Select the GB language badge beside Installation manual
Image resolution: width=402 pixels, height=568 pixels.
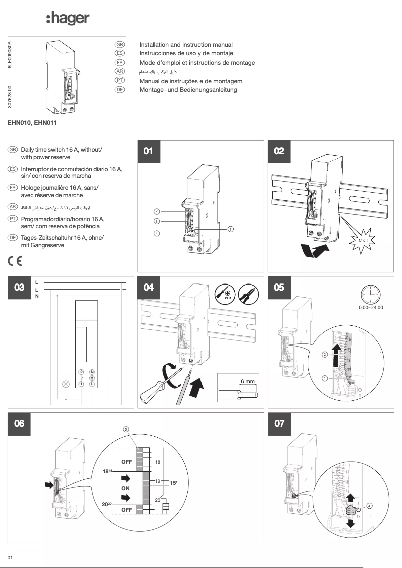tap(120, 45)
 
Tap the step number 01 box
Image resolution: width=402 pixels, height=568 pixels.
tap(149, 151)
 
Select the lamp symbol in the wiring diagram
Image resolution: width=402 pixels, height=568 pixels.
tap(65, 384)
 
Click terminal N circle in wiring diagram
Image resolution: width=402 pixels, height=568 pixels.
tap(92, 372)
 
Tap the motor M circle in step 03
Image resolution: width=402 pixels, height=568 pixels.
tap(92, 378)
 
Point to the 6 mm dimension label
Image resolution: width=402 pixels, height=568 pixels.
tap(247, 381)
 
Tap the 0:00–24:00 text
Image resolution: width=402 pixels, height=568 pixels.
tap(371, 307)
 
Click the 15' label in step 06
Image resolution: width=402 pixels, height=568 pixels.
tap(174, 483)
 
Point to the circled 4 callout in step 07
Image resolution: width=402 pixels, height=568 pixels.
tap(369, 505)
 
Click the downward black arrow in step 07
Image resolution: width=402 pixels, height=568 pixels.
tap(351, 523)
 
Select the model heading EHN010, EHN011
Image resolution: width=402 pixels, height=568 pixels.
tap(33, 122)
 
